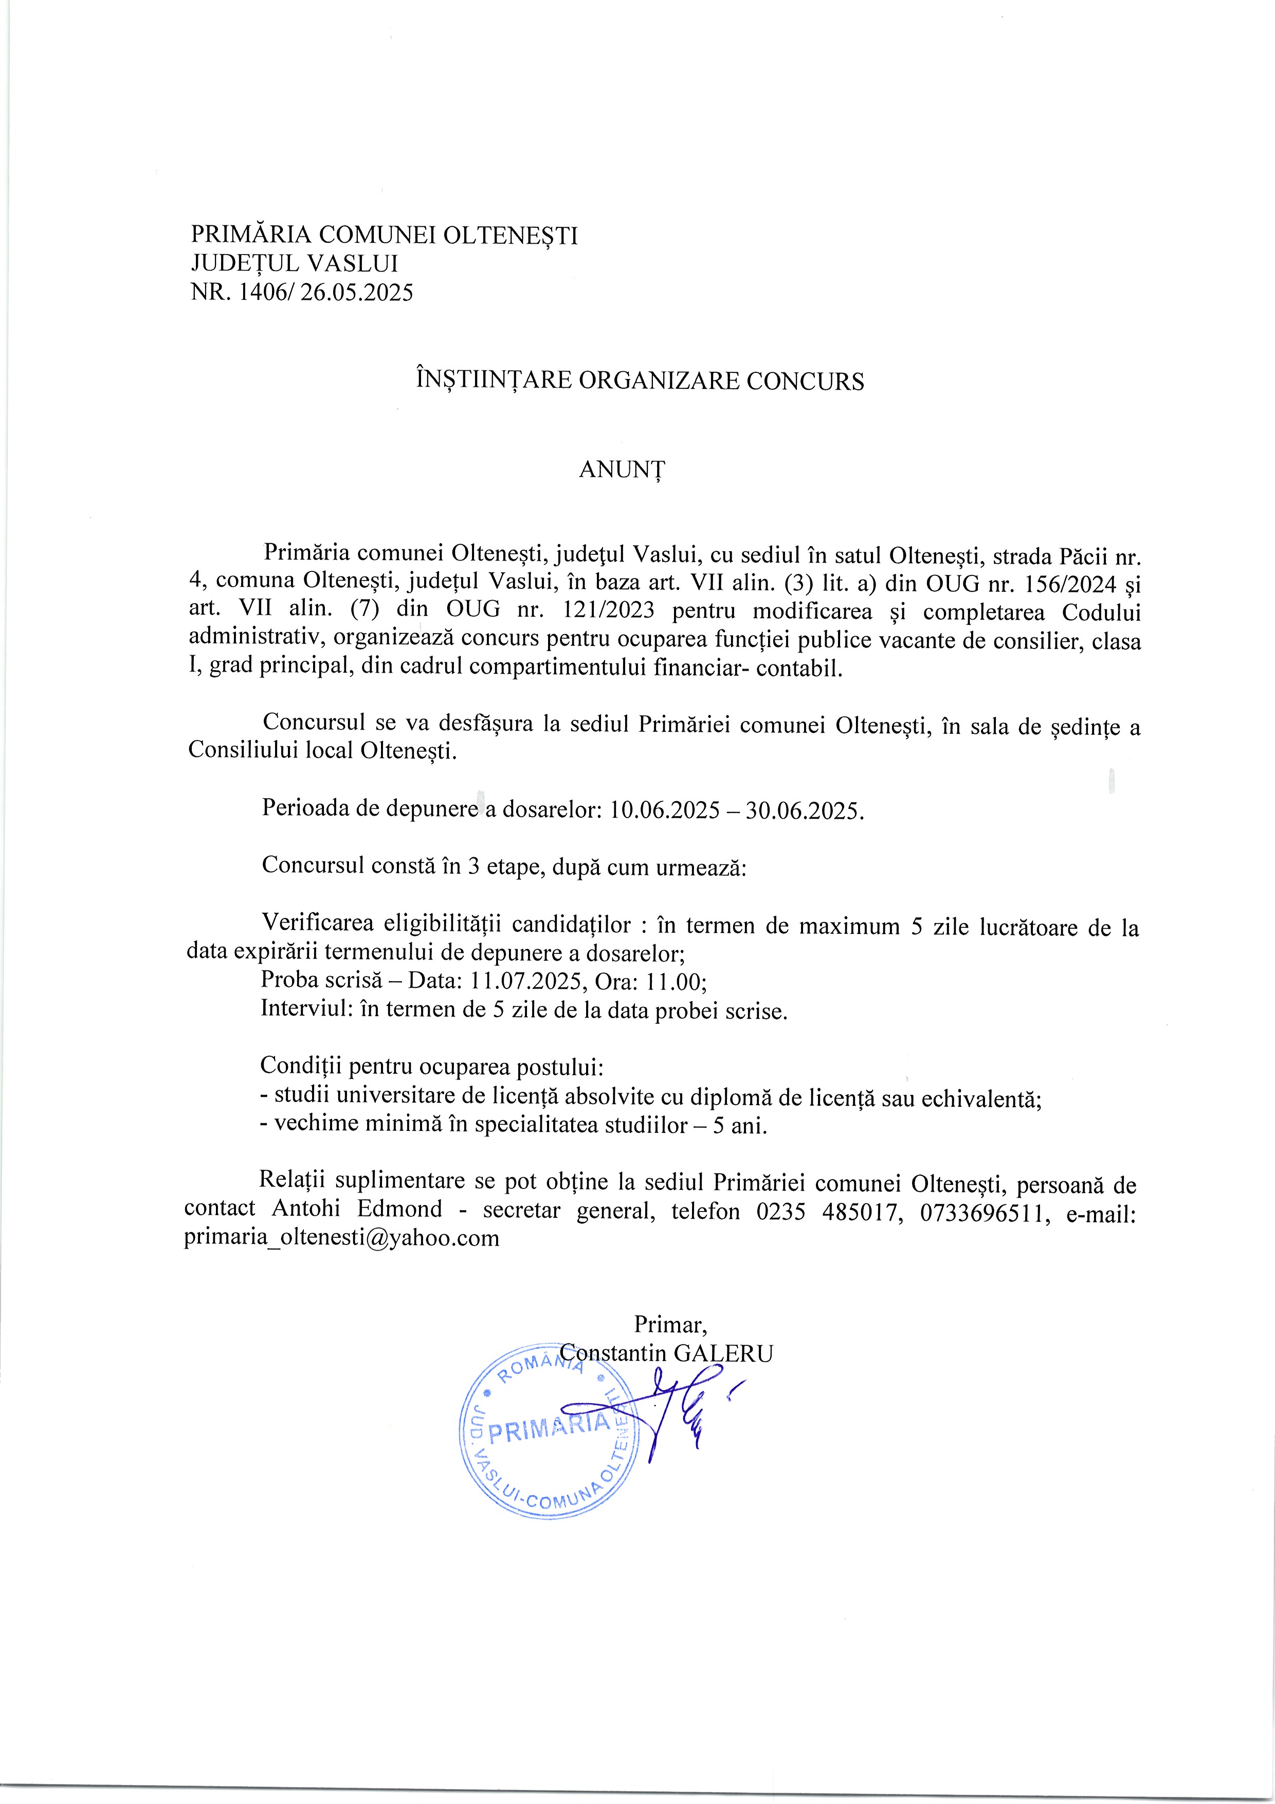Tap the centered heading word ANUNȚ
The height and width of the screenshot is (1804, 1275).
point(622,469)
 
